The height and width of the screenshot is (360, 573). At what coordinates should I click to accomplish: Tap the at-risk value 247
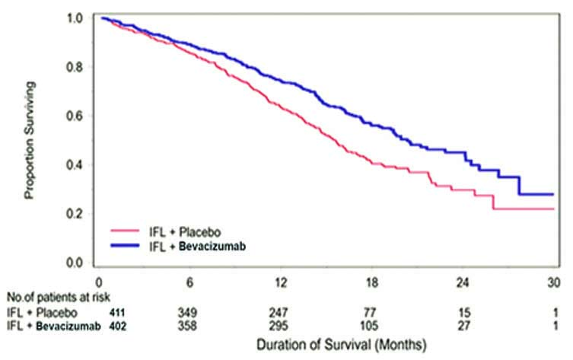pyautogui.click(x=282, y=312)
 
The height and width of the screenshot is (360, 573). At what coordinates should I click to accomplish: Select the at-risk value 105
pyautogui.click(x=374, y=327)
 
